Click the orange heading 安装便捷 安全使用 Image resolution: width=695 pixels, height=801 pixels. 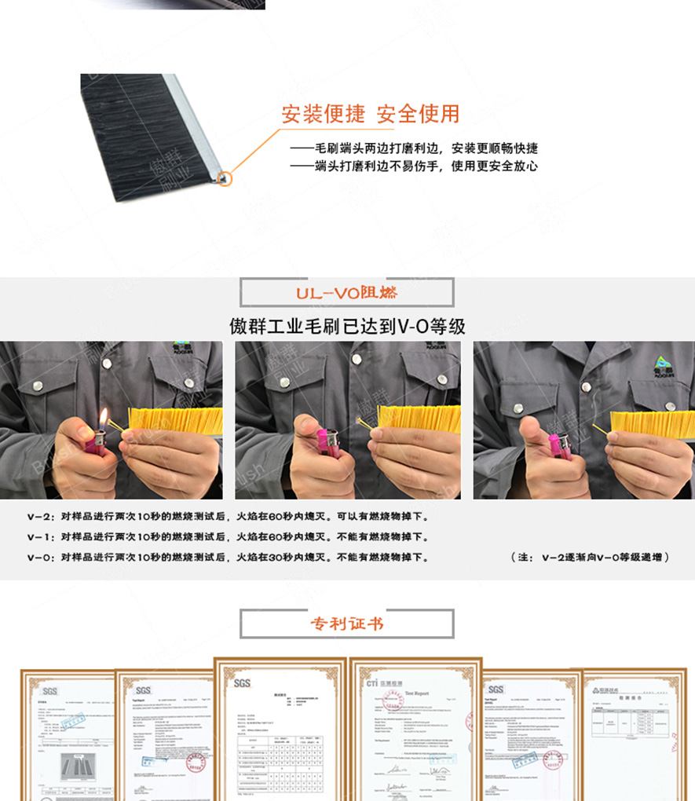(371, 115)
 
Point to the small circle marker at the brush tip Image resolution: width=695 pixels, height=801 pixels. (225, 178)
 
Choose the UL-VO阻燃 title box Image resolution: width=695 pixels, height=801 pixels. (346, 292)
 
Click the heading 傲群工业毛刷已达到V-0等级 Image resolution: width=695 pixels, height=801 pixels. (346, 327)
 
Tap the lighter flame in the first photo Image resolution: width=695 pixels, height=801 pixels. (103, 417)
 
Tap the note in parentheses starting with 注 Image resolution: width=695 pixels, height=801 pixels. (591, 558)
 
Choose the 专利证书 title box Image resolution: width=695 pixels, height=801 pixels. (346, 624)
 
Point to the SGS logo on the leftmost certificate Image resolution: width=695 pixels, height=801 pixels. (49, 691)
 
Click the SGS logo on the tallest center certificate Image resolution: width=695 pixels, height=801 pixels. (242, 682)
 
